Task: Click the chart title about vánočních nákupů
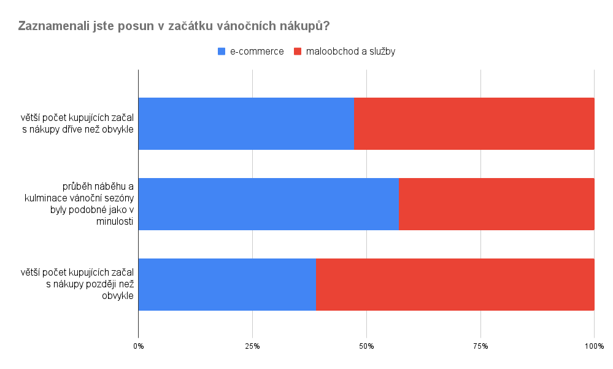(174, 26)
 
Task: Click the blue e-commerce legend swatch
(222, 52)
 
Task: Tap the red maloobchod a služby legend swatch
(298, 52)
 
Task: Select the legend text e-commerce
(256, 52)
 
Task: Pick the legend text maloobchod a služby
(350, 52)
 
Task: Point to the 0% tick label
(139, 347)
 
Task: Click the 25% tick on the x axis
(252, 347)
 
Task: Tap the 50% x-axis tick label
(366, 347)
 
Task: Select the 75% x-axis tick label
(480, 347)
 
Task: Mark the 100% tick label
(594, 347)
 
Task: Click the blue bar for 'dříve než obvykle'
(246, 123)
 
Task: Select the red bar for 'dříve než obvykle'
(474, 123)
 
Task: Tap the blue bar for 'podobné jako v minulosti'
(268, 204)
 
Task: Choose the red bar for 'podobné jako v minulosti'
(496, 204)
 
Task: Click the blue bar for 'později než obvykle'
(227, 284)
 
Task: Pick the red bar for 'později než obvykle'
(455, 284)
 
